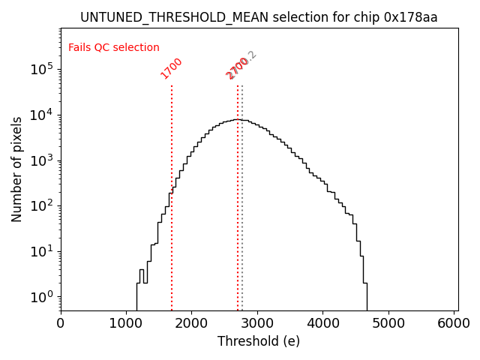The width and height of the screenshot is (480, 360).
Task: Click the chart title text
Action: coord(259,17)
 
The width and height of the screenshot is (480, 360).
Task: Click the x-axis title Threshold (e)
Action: coord(259,341)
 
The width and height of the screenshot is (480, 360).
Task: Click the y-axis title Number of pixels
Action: coord(17,169)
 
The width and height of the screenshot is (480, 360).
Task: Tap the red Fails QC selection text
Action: coord(114,48)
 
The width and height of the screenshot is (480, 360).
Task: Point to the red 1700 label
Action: coord(172,68)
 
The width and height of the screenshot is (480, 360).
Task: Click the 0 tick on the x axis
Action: coord(61,322)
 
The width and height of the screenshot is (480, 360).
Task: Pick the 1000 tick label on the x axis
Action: coord(126,322)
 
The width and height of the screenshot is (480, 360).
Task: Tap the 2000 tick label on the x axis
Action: coord(191,322)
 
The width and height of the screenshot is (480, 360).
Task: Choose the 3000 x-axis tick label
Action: coord(257,322)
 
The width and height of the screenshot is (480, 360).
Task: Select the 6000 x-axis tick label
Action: coord(454,322)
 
